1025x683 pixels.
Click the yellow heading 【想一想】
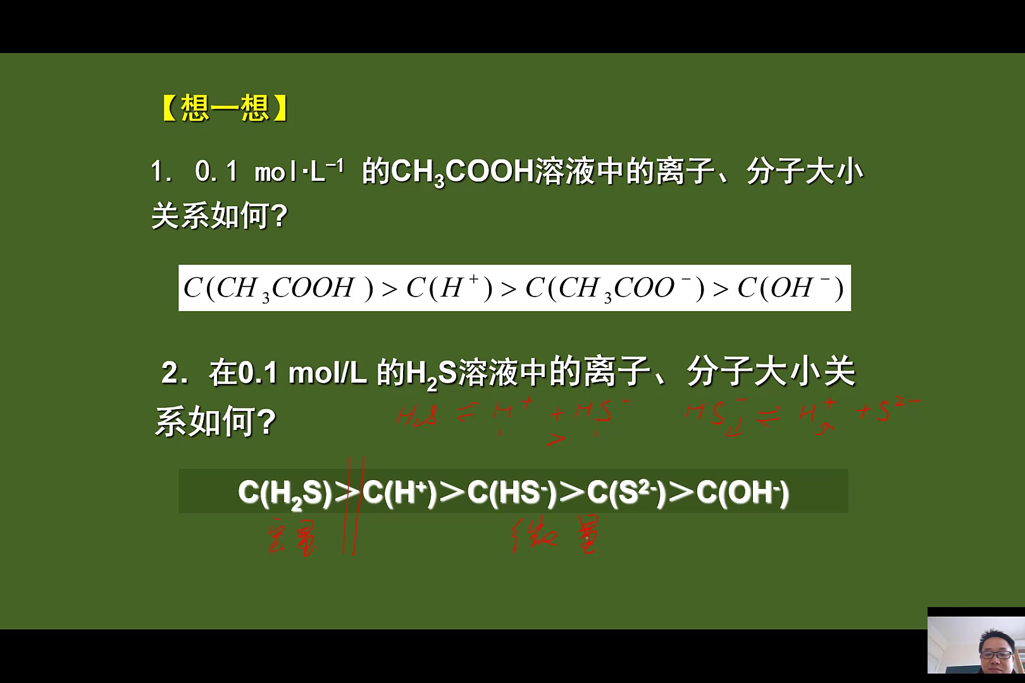click(x=225, y=108)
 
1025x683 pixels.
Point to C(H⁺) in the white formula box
click(x=449, y=288)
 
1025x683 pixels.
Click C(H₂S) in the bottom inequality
click(x=285, y=493)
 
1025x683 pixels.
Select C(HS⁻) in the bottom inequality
click(x=511, y=493)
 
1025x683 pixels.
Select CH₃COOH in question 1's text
click(x=463, y=172)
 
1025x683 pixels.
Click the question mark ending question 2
click(x=267, y=422)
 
